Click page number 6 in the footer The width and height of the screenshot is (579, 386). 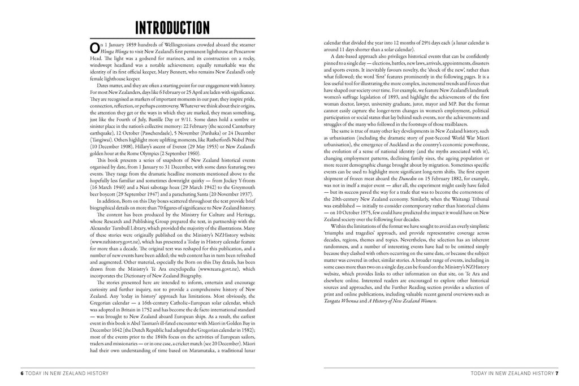[22, 373]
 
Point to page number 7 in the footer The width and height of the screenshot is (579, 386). [557, 373]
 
